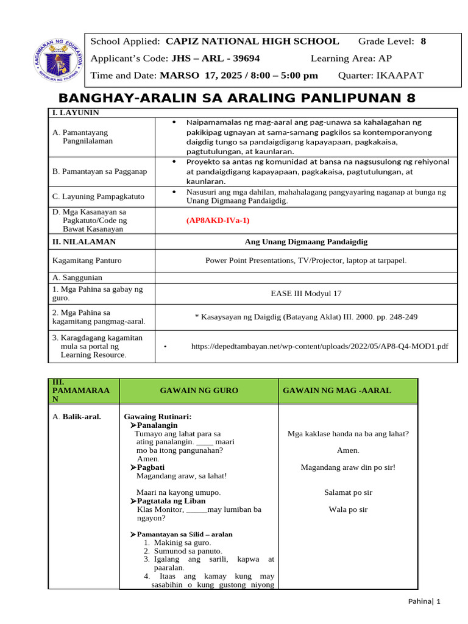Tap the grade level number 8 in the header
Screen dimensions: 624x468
(424, 41)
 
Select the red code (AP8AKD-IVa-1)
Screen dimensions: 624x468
(218, 221)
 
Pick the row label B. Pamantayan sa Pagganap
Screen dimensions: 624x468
(100, 171)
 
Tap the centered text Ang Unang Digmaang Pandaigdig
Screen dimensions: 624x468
(306, 242)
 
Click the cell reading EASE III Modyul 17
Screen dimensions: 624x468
(306, 293)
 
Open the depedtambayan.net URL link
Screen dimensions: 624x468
(319, 346)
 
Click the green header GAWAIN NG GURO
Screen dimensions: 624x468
(199, 390)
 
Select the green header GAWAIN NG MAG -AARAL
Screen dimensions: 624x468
(336, 390)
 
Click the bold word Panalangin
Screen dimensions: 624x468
(157, 425)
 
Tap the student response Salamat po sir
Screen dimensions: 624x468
(348, 492)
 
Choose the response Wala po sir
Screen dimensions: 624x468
(348, 509)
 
